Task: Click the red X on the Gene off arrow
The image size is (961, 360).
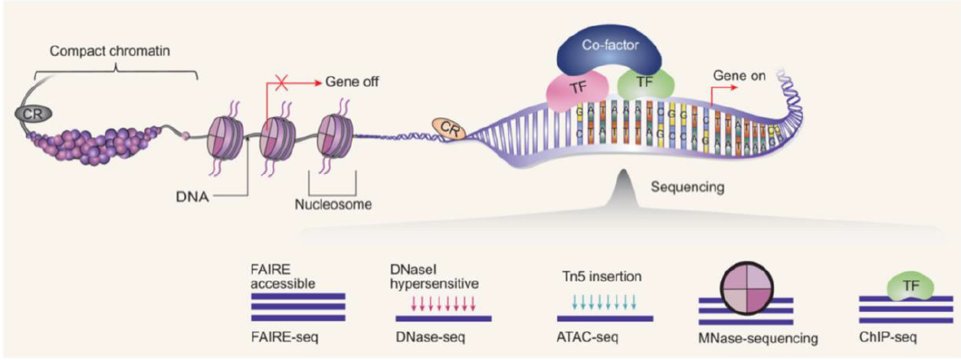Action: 292,84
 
